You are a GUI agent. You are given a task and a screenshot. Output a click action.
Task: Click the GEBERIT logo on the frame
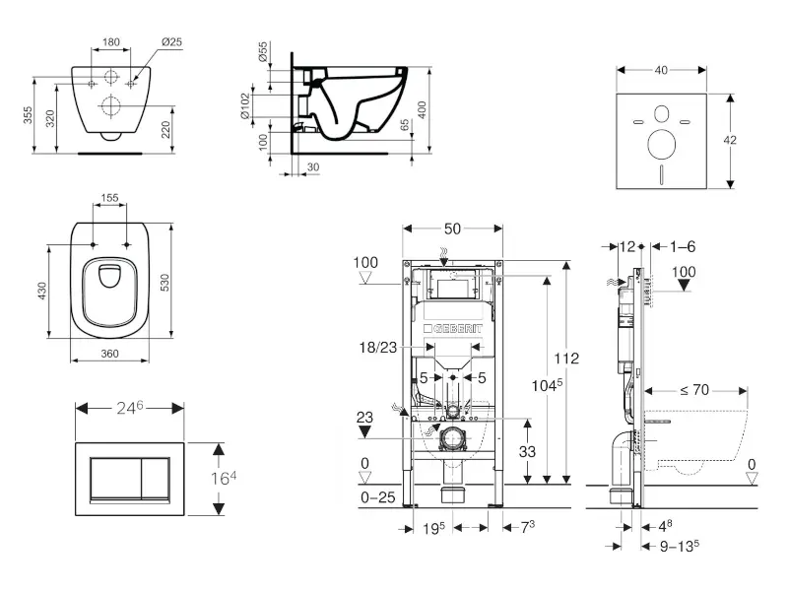click(x=453, y=328)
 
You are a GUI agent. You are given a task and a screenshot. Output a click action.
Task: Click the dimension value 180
click(x=111, y=42)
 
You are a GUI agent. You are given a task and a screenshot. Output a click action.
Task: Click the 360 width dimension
click(x=110, y=352)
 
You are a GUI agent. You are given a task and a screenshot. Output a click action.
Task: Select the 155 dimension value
click(x=110, y=198)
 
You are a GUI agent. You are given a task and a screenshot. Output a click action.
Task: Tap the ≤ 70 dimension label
click(x=695, y=391)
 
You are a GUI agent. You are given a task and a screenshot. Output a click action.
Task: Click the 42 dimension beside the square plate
click(x=730, y=140)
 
